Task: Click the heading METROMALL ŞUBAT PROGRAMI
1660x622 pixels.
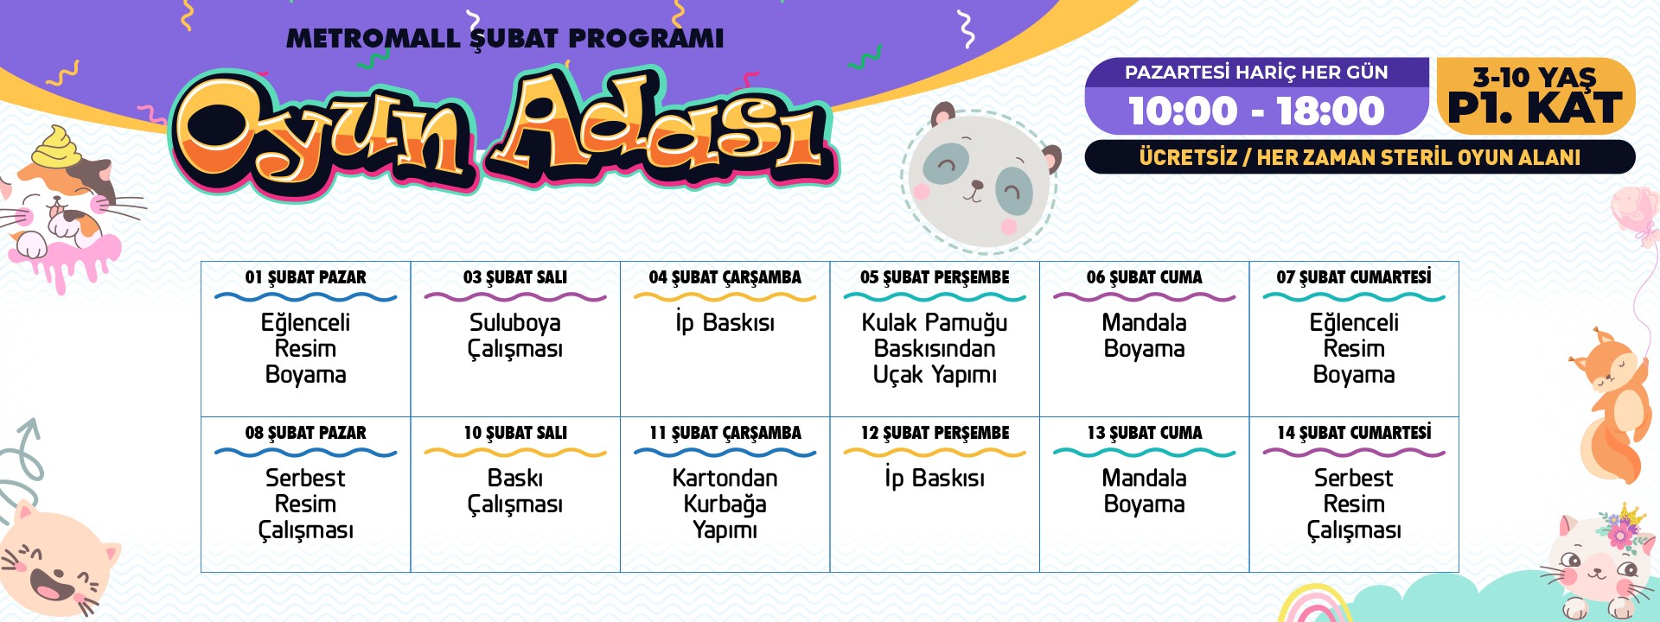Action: point(505,39)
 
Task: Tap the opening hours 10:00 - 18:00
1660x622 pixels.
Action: point(1256,111)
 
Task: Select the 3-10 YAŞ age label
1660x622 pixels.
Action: point(1535,77)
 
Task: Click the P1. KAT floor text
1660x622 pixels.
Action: point(1535,108)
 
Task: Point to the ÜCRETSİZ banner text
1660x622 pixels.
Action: point(1360,157)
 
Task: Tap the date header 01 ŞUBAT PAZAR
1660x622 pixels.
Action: point(305,277)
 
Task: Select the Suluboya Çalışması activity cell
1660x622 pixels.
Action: point(515,335)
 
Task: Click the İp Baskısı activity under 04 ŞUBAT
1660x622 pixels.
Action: point(725,323)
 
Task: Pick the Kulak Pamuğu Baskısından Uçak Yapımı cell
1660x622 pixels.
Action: point(935,348)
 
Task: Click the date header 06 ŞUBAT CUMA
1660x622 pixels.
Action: point(1145,277)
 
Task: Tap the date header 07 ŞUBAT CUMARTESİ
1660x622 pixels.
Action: point(1354,276)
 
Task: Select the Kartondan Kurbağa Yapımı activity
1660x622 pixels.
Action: point(725,504)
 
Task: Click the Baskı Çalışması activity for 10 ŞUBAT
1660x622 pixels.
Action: point(515,491)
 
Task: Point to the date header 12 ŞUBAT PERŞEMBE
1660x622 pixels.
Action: point(935,433)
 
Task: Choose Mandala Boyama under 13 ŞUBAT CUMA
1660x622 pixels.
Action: point(1145,491)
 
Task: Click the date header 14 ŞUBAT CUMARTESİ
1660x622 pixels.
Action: point(1354,432)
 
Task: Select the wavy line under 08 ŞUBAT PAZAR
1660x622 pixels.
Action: point(305,453)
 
